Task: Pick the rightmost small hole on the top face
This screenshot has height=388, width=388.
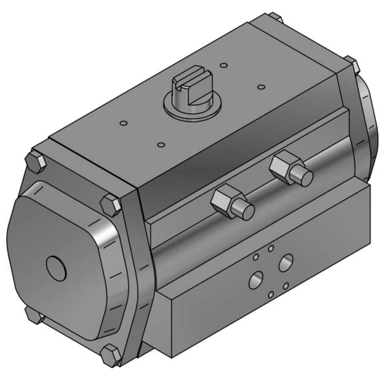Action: [261, 86]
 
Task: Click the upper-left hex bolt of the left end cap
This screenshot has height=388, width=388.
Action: [34, 161]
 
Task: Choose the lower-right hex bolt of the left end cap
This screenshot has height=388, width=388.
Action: [111, 354]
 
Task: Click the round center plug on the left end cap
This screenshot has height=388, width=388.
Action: [56, 266]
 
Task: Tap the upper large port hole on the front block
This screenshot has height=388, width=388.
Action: [286, 262]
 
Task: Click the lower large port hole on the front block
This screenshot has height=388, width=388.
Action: [256, 281]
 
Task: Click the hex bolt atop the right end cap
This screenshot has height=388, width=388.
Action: [350, 65]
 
